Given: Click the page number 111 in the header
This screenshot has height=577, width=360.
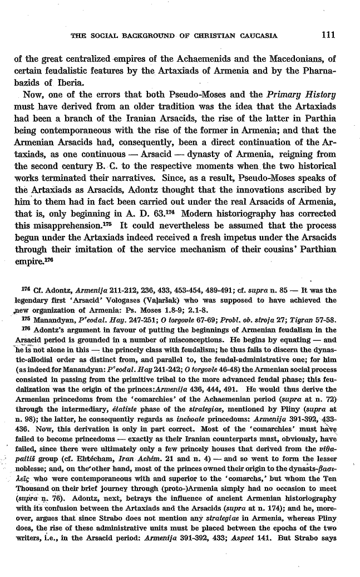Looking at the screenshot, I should tap(329, 37).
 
